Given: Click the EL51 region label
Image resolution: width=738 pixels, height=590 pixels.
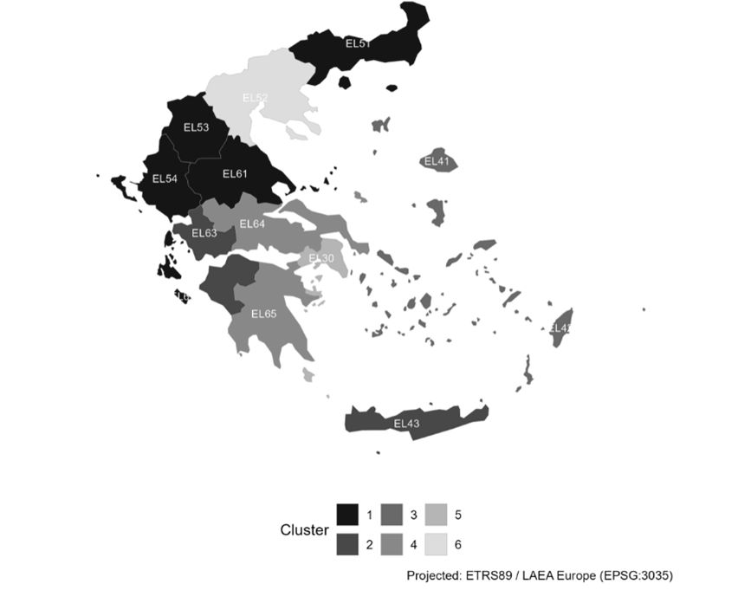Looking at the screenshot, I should click(x=359, y=43).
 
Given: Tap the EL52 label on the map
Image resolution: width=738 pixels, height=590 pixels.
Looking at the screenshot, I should click(x=255, y=98).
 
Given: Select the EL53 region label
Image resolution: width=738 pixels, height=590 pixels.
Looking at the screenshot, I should click(x=197, y=127).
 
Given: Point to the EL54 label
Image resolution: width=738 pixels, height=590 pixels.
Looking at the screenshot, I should click(x=165, y=179).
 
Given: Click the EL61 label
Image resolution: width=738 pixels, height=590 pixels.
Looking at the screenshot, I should click(x=235, y=174).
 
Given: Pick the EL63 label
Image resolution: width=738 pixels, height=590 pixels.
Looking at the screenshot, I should click(x=204, y=233).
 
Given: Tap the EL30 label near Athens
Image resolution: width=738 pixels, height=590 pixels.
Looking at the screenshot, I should click(x=321, y=259).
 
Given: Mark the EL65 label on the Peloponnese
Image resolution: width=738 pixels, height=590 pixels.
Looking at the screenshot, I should click(x=263, y=314).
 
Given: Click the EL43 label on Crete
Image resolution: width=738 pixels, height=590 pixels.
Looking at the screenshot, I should click(x=406, y=424).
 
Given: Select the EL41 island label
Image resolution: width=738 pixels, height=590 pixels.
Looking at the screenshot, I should click(x=437, y=161).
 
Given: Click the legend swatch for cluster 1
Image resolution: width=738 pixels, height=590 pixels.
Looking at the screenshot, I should click(x=348, y=515).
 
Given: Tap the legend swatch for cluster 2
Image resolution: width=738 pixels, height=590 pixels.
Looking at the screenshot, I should click(x=348, y=543).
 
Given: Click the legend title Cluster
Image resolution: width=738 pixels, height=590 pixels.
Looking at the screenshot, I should click(x=304, y=529).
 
